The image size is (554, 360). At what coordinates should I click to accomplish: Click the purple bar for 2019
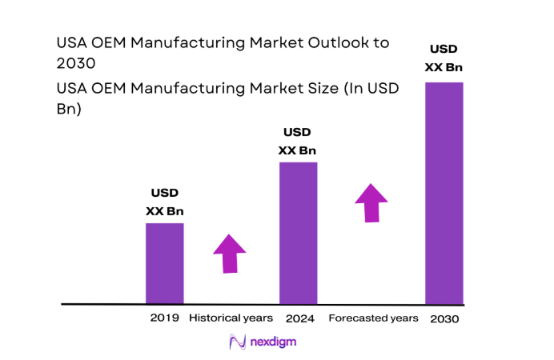tap(164, 263)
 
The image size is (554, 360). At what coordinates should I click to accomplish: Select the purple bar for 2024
tap(298, 233)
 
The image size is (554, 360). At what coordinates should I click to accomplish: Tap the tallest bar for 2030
tap(444, 193)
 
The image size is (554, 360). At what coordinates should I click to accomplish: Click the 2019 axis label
tap(164, 318)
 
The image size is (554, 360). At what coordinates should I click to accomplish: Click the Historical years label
tap(231, 318)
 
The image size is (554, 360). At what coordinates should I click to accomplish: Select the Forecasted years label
tap(373, 318)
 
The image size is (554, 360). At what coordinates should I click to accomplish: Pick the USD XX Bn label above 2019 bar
tap(164, 202)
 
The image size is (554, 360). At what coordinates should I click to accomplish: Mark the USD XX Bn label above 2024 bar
tap(298, 142)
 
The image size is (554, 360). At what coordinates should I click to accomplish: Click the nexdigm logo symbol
tap(238, 342)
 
